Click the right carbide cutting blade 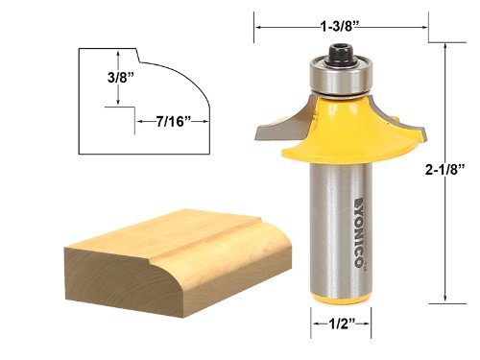[x=402, y=120]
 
